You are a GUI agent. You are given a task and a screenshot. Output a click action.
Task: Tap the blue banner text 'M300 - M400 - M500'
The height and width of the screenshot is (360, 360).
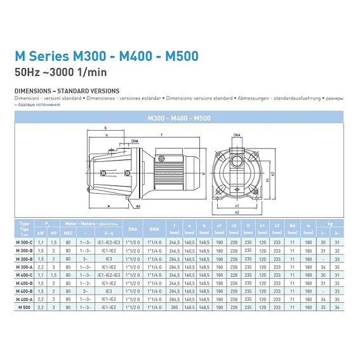(179, 118)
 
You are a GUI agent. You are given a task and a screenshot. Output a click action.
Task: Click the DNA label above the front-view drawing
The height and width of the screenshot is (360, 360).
(237, 136)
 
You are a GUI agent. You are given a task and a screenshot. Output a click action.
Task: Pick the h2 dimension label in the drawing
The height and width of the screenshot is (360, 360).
(273, 173)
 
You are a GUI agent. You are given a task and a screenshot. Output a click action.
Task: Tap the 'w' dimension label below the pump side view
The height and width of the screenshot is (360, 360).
(109, 206)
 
